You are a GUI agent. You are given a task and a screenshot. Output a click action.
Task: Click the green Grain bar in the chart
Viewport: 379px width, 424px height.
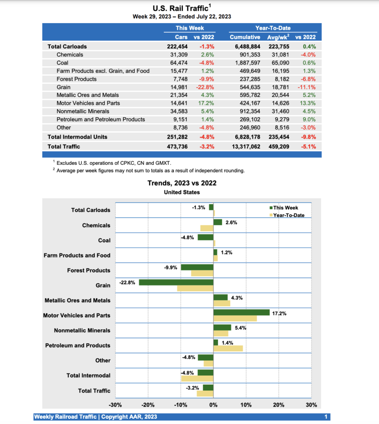176,282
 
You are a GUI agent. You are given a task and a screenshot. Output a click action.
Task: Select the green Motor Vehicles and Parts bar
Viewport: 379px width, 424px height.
241,312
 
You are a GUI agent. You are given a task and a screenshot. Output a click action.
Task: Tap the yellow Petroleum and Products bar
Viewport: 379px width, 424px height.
228,348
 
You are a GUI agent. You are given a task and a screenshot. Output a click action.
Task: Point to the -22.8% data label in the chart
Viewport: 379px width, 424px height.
127,282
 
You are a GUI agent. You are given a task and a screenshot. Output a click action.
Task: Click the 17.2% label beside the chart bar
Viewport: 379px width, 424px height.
279,313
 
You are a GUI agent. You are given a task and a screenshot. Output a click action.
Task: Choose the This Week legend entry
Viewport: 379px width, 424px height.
285,208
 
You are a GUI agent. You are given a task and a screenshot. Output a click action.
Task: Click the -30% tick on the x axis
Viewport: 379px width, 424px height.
115,405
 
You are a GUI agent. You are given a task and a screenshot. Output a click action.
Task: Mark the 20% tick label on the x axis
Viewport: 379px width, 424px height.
279,405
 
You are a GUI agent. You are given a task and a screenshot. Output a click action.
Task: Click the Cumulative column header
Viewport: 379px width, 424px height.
245,37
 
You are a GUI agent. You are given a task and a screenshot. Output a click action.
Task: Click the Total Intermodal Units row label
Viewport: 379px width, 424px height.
77,137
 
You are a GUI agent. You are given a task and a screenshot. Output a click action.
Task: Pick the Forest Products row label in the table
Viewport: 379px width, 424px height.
76,79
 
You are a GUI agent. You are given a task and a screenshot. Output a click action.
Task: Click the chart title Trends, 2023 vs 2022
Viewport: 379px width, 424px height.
182,183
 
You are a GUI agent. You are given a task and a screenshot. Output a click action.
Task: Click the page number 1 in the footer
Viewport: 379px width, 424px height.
326,417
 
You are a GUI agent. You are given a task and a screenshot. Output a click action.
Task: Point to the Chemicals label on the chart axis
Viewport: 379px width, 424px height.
96,225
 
